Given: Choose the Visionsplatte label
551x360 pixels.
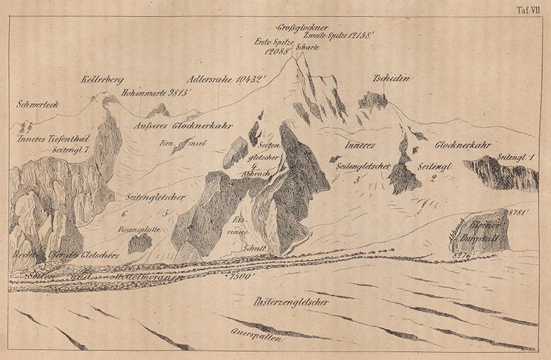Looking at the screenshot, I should coord(140,231).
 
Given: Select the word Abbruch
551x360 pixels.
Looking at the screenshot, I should coord(264,175).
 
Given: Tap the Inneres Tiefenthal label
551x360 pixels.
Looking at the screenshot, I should coord(48,138).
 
